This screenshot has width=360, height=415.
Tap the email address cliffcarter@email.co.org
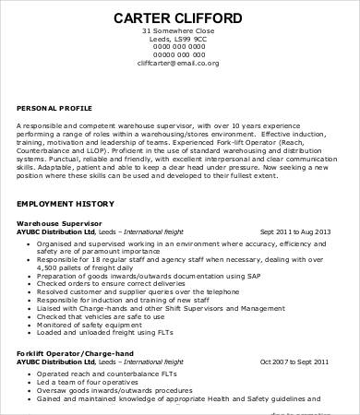click(x=179, y=64)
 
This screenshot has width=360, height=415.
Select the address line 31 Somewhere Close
click(x=179, y=32)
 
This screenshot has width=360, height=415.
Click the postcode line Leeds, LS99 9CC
click(x=179, y=41)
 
